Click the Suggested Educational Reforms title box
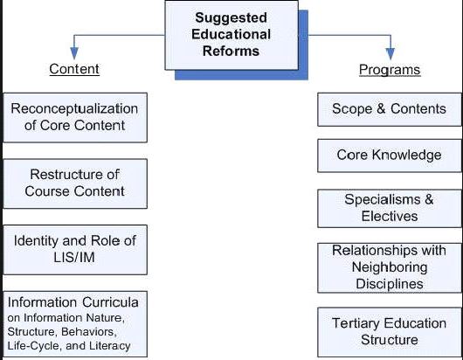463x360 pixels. pyautogui.click(x=231, y=35)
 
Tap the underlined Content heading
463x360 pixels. pyautogui.click(x=74, y=69)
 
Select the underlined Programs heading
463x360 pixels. pyautogui.click(x=390, y=70)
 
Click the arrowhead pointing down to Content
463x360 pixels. pyautogui.click(x=74, y=53)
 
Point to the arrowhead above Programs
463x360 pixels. pyautogui.click(x=390, y=54)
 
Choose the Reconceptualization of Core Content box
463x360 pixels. pyautogui.click(x=75, y=118)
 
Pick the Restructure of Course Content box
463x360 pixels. pyautogui.click(x=75, y=183)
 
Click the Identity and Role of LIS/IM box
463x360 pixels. pyautogui.click(x=75, y=250)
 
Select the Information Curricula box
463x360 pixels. pyautogui.click(x=75, y=324)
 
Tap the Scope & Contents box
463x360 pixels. pyautogui.click(x=390, y=109)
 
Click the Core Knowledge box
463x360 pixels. pyautogui.click(x=390, y=156)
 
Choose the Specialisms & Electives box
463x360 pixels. pyautogui.click(x=390, y=209)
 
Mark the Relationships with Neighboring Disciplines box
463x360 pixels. pyautogui.click(x=390, y=268)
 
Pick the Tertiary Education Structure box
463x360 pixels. pyautogui.click(x=390, y=332)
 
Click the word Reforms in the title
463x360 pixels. pyautogui.click(x=231, y=51)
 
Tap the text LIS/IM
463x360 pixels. pyautogui.click(x=74, y=257)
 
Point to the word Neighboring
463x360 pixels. pyautogui.click(x=390, y=268)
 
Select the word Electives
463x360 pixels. pyautogui.click(x=390, y=217)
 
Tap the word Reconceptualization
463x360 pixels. pyautogui.click(x=74, y=109)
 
